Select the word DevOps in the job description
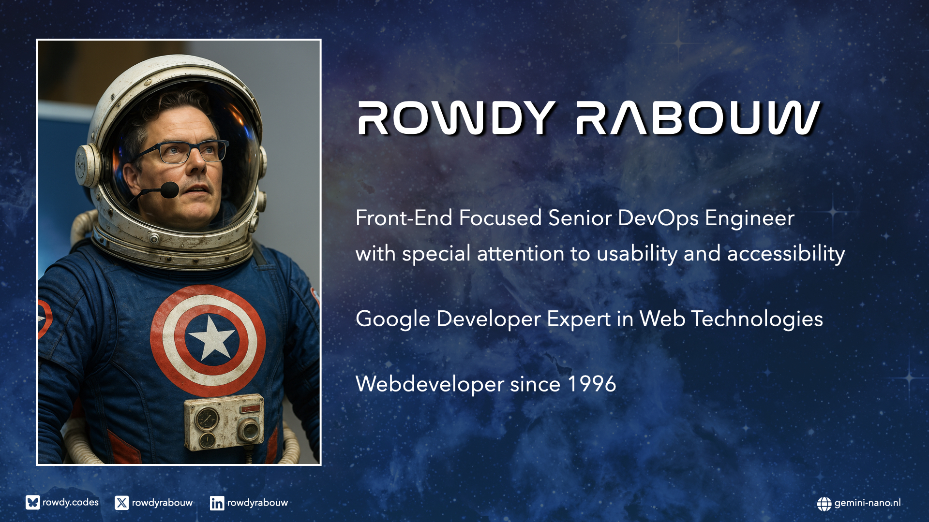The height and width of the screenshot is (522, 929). pyautogui.click(x=658, y=218)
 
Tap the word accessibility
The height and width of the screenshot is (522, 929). pyautogui.click(x=786, y=254)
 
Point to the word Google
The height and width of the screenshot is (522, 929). pyautogui.click(x=392, y=319)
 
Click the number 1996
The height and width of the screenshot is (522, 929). pyautogui.click(x=592, y=384)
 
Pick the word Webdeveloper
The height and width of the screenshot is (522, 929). pyautogui.click(x=430, y=384)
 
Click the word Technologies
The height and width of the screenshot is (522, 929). pyautogui.click(x=757, y=319)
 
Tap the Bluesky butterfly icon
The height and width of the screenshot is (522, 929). pyautogui.click(x=33, y=503)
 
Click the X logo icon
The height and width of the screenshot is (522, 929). pyautogui.click(x=122, y=503)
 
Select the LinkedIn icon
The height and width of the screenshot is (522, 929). pyautogui.click(x=217, y=503)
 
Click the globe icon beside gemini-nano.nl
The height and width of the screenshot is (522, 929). pyautogui.click(x=824, y=504)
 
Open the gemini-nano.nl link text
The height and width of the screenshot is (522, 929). pyautogui.click(x=868, y=503)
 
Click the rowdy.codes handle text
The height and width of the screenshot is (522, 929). pyautogui.click(x=71, y=503)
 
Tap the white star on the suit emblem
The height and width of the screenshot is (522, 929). pyautogui.click(x=211, y=337)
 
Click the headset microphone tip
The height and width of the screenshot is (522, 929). pyautogui.click(x=169, y=189)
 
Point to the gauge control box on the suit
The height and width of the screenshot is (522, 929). pyautogui.click(x=224, y=422)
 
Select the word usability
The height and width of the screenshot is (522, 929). pyautogui.click(x=637, y=254)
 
